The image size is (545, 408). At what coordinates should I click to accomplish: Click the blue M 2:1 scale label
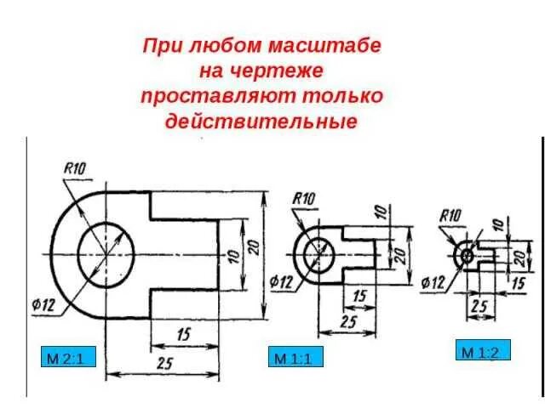coord(67,359)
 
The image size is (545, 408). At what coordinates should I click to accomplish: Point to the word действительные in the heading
coord(261,121)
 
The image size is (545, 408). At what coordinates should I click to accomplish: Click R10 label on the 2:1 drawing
coord(75,170)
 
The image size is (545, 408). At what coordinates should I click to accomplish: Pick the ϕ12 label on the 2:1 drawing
coord(45,307)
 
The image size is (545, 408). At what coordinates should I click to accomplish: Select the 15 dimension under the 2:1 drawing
coord(182,334)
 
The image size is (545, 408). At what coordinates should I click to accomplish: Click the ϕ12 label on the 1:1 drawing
coord(282,281)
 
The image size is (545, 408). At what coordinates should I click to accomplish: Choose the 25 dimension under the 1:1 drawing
coord(347,321)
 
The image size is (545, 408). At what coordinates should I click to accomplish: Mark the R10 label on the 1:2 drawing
coord(450,215)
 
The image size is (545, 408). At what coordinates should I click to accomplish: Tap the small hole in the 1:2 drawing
coord(467,254)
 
